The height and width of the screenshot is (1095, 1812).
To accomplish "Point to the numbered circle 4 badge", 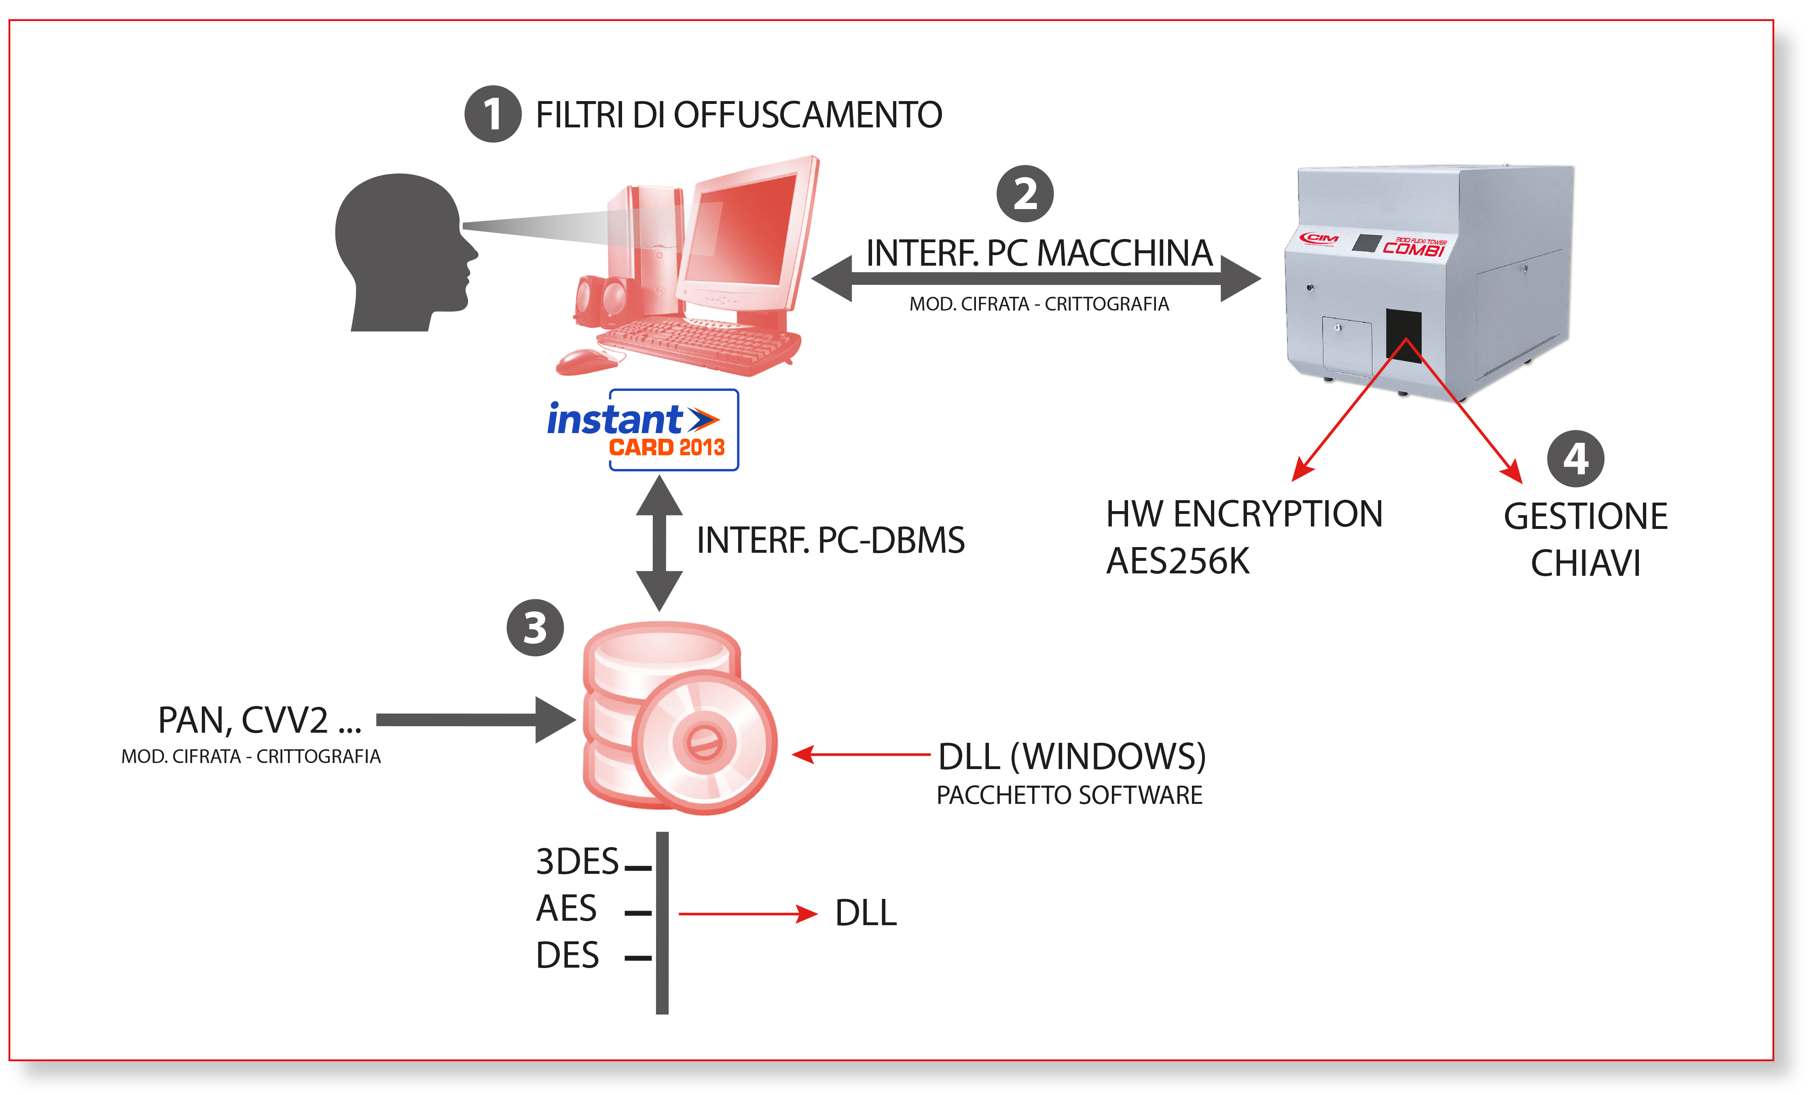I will click(1575, 459).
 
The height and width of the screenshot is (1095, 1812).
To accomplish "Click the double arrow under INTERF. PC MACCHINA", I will click(1035, 279).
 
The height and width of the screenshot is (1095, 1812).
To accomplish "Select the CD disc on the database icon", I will click(704, 743).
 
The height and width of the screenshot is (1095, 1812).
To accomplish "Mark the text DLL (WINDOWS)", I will click(1071, 757).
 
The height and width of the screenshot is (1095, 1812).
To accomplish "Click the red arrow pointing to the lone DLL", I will click(746, 914).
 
